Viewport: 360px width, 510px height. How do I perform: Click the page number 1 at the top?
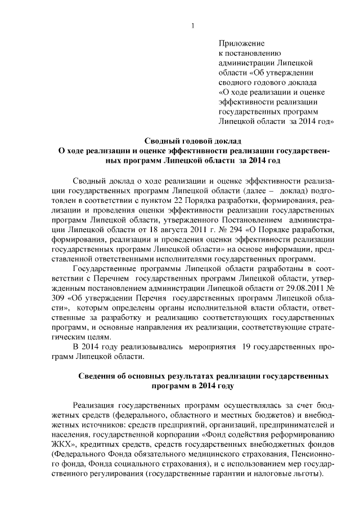193,25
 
